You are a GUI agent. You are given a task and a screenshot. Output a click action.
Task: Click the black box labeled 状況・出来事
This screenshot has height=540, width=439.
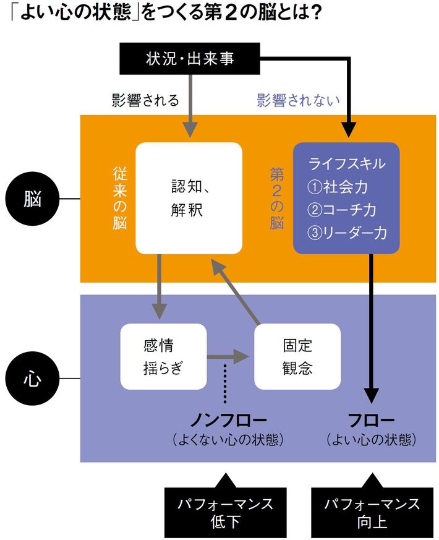(190, 59)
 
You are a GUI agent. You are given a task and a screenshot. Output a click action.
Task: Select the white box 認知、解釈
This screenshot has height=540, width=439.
(188, 198)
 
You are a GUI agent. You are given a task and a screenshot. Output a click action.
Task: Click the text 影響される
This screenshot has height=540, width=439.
(145, 100)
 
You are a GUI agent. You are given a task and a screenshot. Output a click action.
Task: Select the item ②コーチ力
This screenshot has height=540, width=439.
(342, 210)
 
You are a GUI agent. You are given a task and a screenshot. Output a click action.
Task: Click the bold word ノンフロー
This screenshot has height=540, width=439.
(228, 420)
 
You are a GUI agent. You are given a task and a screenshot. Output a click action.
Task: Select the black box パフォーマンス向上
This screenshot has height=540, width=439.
(372, 512)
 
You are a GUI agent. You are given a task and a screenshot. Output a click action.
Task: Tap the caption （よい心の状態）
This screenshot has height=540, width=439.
(371, 440)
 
